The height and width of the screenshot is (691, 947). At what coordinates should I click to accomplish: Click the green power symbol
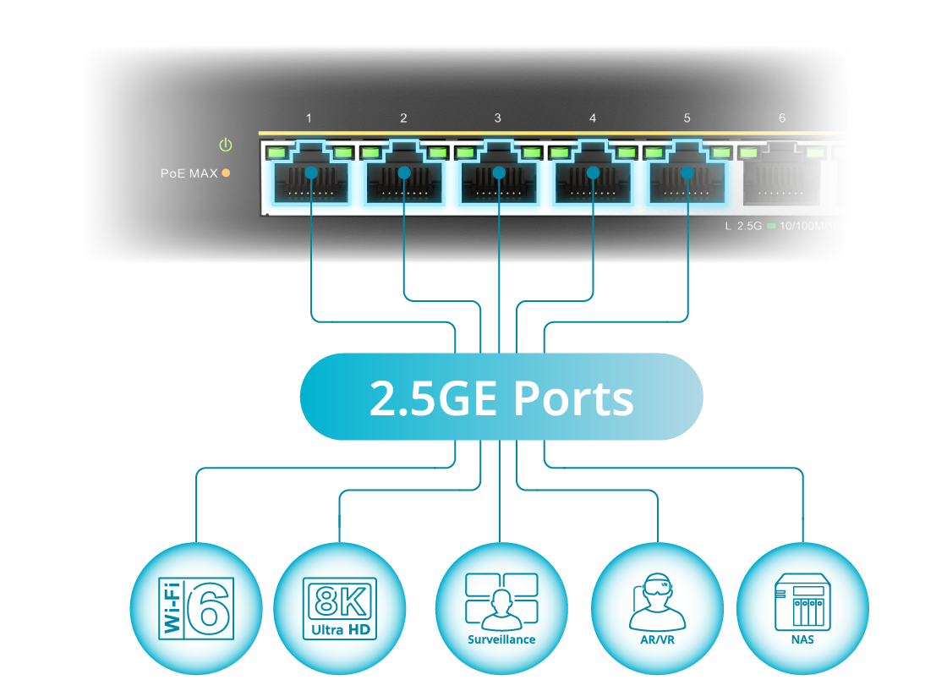point(225,145)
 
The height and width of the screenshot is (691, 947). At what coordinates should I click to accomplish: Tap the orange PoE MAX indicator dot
point(226,173)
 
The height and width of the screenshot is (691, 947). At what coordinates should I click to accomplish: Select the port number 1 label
point(309,118)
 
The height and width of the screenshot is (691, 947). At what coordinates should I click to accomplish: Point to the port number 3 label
point(498,118)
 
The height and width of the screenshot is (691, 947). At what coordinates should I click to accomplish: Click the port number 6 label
point(782,118)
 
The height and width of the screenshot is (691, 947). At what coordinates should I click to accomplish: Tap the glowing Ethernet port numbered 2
point(404,181)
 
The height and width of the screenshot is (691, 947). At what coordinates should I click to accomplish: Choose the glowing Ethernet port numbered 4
point(593,181)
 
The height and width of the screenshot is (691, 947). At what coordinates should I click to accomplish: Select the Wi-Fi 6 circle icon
point(195,608)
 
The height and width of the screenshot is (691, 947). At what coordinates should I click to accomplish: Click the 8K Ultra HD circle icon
point(339,608)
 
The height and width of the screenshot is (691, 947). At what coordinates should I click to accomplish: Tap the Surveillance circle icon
point(501,608)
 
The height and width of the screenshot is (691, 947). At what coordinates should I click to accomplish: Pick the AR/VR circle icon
point(657,608)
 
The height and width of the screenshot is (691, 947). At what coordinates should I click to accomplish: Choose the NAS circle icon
point(802,608)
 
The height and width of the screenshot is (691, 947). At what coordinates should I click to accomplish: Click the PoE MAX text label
point(189,173)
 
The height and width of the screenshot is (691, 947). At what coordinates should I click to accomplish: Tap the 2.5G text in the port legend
point(750,226)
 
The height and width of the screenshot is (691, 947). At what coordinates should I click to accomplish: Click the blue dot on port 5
point(687,173)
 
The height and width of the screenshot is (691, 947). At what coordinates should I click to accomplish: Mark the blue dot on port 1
point(311,173)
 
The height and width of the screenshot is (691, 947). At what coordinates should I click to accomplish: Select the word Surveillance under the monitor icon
point(501,639)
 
